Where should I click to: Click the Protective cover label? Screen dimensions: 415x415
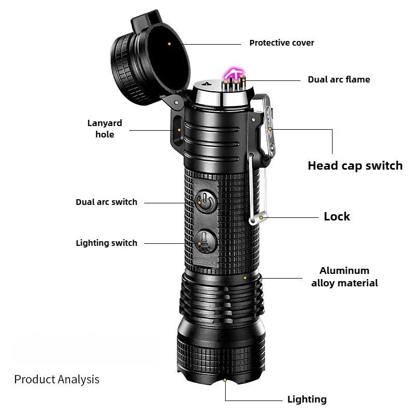[282, 43]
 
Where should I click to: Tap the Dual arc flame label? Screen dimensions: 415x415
[339, 79]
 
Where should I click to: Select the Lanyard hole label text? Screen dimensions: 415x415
[105, 129]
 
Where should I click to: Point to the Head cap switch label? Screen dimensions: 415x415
[355, 165]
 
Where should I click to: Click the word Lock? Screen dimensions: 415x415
[337, 216]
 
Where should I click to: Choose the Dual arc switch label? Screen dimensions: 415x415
[106, 202]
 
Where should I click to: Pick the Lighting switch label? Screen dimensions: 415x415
[106, 243]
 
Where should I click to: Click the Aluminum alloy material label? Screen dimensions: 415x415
[344, 276]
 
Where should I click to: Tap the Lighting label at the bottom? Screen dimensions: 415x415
[307, 399]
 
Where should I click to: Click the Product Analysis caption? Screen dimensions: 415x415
[57, 380]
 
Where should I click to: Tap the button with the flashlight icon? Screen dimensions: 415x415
[205, 241]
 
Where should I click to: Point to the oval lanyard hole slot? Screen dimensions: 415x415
[177, 131]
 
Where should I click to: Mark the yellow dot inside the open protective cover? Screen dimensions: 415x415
[170, 44]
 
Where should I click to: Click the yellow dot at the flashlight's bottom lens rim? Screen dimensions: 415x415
[225, 380]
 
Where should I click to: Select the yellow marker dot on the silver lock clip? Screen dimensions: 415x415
[261, 217]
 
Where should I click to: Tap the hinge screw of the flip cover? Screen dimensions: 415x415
[176, 102]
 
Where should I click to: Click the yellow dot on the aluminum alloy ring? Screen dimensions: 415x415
[245, 278]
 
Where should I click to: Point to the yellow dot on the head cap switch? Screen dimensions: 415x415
[270, 129]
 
